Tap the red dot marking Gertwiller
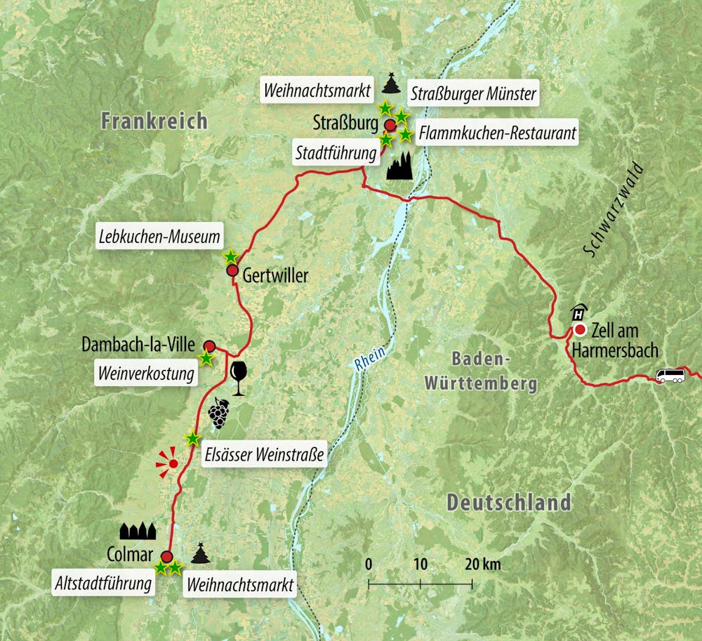coord(232,271)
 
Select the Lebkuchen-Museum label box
coord(159,238)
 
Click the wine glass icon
coord(238,378)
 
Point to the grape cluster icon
coord(219,413)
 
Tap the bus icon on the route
coord(670,376)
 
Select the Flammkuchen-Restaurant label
coord(496,133)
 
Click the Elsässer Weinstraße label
coord(263,455)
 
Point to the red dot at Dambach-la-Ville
coord(209,345)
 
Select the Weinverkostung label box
coord(145,375)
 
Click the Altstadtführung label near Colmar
coord(103,583)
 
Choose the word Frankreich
coord(154,121)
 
